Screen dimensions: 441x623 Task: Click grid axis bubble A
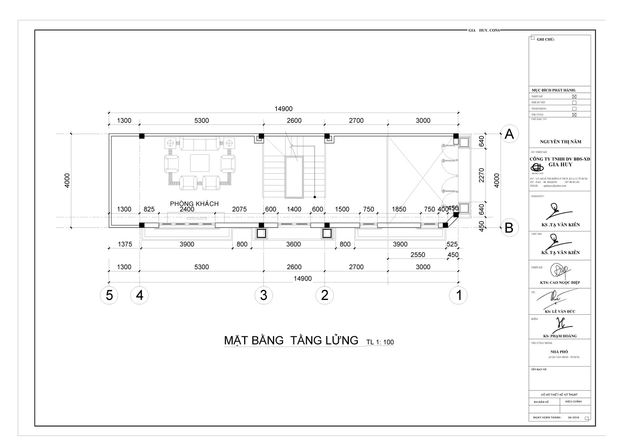point(509,134)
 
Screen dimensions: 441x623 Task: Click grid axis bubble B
point(509,227)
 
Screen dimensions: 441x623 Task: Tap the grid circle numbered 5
point(109,295)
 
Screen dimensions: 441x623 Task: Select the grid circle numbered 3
point(264,295)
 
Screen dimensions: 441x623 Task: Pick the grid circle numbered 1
point(459,295)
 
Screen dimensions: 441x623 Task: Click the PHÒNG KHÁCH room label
point(194,204)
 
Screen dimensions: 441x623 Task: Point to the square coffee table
point(200,163)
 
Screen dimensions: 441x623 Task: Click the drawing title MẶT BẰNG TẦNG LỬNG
point(291,340)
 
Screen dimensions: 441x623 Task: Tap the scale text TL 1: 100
point(380,342)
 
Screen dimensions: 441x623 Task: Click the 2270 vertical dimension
point(482,175)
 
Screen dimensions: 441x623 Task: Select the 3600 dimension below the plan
point(293,244)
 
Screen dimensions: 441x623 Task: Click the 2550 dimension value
point(418,255)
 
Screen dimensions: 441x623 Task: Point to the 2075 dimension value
point(239,209)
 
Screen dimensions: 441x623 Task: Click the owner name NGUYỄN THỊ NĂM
point(560,142)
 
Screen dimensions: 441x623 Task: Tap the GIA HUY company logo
point(538,167)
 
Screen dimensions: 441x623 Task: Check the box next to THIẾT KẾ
point(574,97)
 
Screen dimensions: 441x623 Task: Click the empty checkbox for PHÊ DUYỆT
point(574,102)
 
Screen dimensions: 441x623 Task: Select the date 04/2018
point(574,418)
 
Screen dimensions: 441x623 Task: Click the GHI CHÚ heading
point(545,39)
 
